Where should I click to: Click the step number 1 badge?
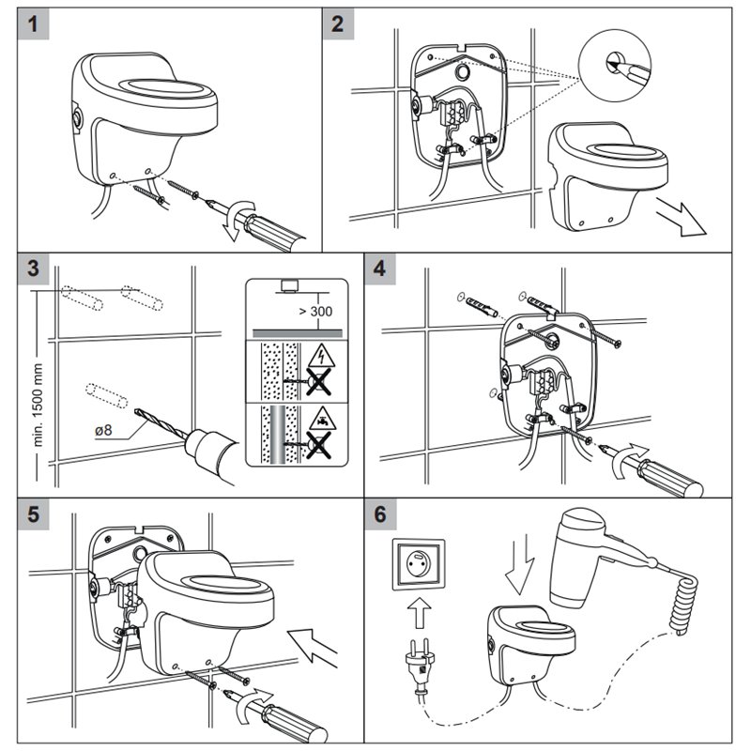[x=33, y=23]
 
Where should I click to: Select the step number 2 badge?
[x=338, y=23]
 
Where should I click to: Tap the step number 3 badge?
[x=33, y=268]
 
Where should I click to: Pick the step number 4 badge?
[x=380, y=268]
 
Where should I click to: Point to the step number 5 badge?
[x=33, y=514]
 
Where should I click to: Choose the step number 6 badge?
[x=380, y=514]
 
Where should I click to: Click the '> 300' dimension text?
[x=315, y=312]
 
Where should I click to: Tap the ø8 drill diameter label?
[x=103, y=430]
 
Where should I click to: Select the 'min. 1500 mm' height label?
[x=38, y=406]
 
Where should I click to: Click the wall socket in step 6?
[x=419, y=564]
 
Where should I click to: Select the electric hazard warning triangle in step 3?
[x=322, y=356]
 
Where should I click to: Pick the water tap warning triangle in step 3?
[x=322, y=418]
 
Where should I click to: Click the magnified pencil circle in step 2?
[x=615, y=65]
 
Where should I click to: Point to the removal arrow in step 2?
[x=681, y=218]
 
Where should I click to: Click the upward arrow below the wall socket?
[x=419, y=613]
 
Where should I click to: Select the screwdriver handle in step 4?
[x=671, y=478]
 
